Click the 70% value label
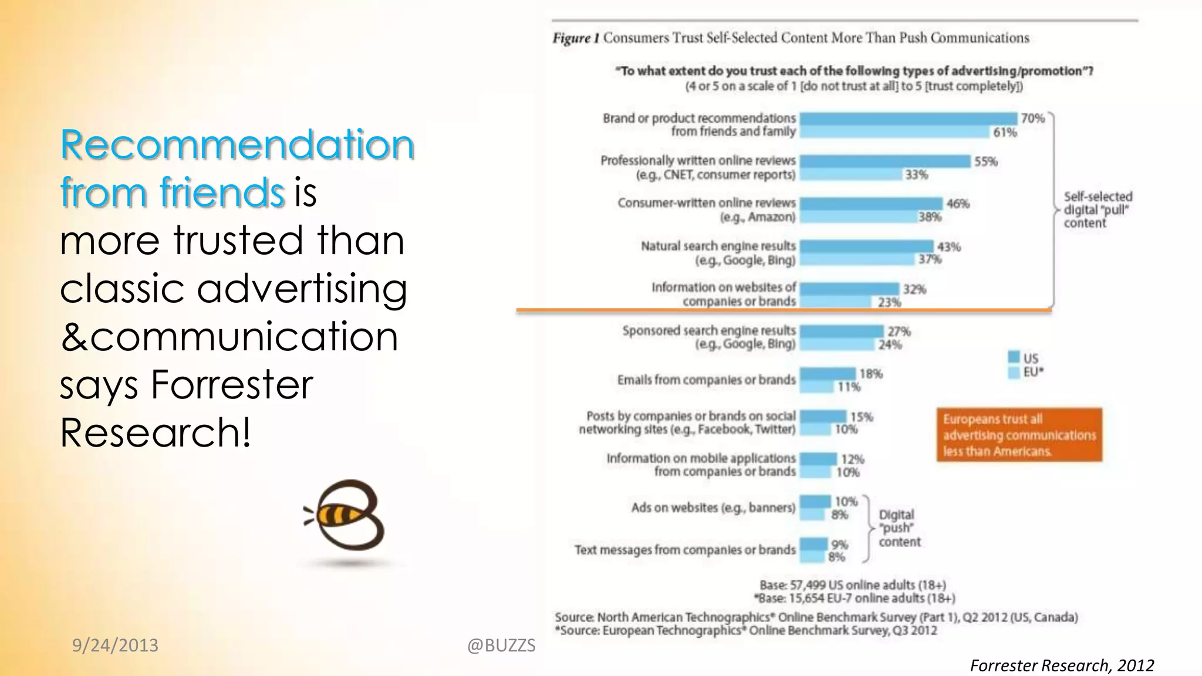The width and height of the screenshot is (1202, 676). pos(1032,119)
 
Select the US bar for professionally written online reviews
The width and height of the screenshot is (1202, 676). pos(884,161)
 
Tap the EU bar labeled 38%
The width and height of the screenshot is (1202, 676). pos(859,217)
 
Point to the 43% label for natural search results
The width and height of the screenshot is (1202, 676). pos(948,247)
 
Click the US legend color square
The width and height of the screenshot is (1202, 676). pos(1014,357)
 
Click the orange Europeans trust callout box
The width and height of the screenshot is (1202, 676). pos(1019,435)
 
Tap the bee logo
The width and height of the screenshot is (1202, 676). pos(346,516)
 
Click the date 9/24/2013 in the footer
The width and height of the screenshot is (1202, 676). pos(115,645)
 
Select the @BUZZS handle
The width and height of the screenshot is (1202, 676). pos(501,645)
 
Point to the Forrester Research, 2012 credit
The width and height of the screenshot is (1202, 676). pos(1061,665)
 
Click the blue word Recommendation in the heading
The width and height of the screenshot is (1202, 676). pos(237,144)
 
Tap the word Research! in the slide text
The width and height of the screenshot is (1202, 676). pos(155,432)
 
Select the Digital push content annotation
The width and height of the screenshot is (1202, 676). pos(899,528)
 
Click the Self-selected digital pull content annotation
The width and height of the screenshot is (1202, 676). pos(1096,209)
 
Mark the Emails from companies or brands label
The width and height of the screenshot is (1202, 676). pos(706,380)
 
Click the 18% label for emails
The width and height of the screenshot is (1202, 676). pos(871,374)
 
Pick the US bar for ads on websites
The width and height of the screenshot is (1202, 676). pos(815,502)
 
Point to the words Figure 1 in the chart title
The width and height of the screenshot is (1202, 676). pos(575,38)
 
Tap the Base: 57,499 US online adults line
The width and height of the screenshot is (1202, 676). pos(852,585)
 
